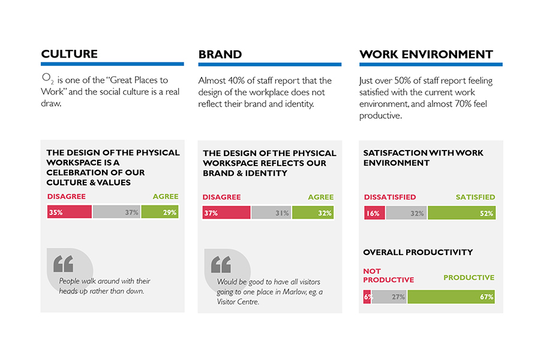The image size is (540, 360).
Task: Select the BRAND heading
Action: click(x=220, y=55)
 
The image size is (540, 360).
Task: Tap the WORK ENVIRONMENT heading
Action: click(x=426, y=55)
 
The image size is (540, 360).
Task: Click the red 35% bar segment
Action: click(x=69, y=212)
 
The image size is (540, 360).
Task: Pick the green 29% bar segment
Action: click(x=160, y=212)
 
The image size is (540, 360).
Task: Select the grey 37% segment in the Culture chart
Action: click(x=116, y=212)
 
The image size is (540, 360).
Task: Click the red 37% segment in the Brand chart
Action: click(x=226, y=212)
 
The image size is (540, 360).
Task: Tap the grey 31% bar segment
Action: click(x=271, y=212)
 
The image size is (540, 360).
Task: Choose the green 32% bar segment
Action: click(x=313, y=212)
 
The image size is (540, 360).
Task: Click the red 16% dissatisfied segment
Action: click(x=374, y=213)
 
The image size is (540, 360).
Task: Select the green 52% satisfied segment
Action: click(x=461, y=213)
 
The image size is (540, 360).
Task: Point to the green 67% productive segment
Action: click(x=451, y=296)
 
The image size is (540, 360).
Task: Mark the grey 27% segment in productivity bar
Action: click(x=389, y=296)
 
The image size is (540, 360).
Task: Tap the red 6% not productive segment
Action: click(x=367, y=296)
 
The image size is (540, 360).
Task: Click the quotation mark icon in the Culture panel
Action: click(x=63, y=264)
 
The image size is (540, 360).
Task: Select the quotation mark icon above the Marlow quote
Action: click(x=221, y=265)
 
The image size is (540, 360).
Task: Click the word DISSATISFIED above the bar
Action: click(x=389, y=197)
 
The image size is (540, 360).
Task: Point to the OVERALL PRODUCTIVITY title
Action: click(x=418, y=253)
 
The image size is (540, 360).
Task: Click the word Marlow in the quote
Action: click(x=294, y=292)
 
